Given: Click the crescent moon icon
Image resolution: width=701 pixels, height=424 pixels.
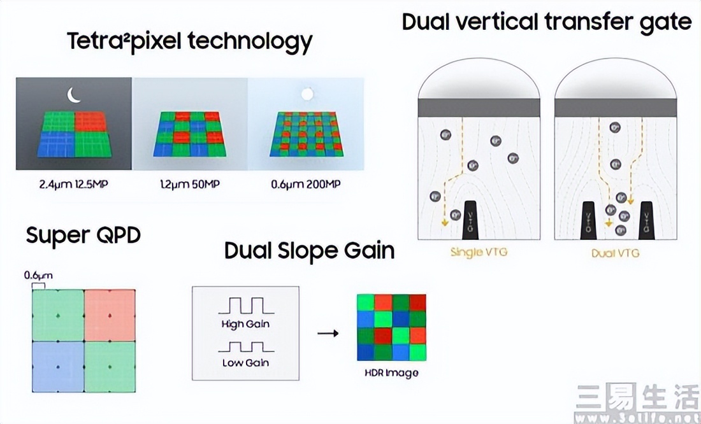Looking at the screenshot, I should [75, 95].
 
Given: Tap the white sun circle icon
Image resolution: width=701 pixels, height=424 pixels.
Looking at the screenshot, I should [307, 94].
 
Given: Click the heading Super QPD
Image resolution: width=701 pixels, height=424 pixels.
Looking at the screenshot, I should [83, 236].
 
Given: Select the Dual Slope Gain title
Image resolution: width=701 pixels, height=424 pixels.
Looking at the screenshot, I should [309, 250].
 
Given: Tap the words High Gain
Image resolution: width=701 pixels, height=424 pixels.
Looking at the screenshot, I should [245, 324].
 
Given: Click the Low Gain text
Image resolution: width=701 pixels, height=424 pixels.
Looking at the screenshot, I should [245, 362].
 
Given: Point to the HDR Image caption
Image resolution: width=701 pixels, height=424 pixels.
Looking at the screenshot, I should [392, 372].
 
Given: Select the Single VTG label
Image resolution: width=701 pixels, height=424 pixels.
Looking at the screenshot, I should [478, 252].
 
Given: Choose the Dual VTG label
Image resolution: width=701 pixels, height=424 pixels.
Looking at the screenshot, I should [615, 253].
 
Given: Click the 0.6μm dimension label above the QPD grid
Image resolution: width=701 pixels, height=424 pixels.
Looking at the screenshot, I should [38, 276].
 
